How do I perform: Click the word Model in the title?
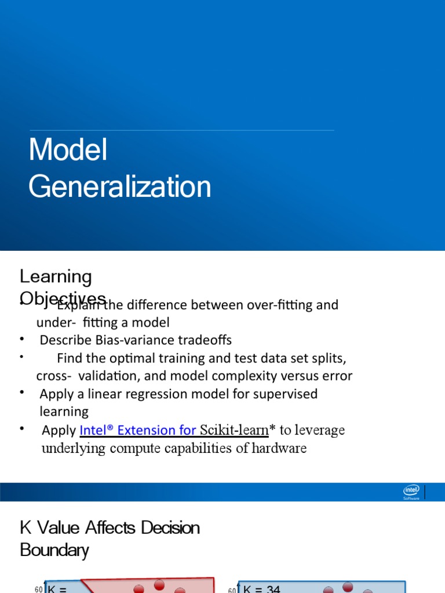(68, 150)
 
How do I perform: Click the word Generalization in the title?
(120, 187)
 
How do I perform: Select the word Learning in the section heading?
(56, 277)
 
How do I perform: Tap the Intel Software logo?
(411, 492)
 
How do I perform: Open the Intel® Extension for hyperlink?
(138, 430)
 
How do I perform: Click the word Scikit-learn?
(234, 430)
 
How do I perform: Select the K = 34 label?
(262, 589)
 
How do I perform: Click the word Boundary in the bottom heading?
(54, 550)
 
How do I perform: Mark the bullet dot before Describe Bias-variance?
(22, 339)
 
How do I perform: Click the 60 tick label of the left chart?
(38, 590)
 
